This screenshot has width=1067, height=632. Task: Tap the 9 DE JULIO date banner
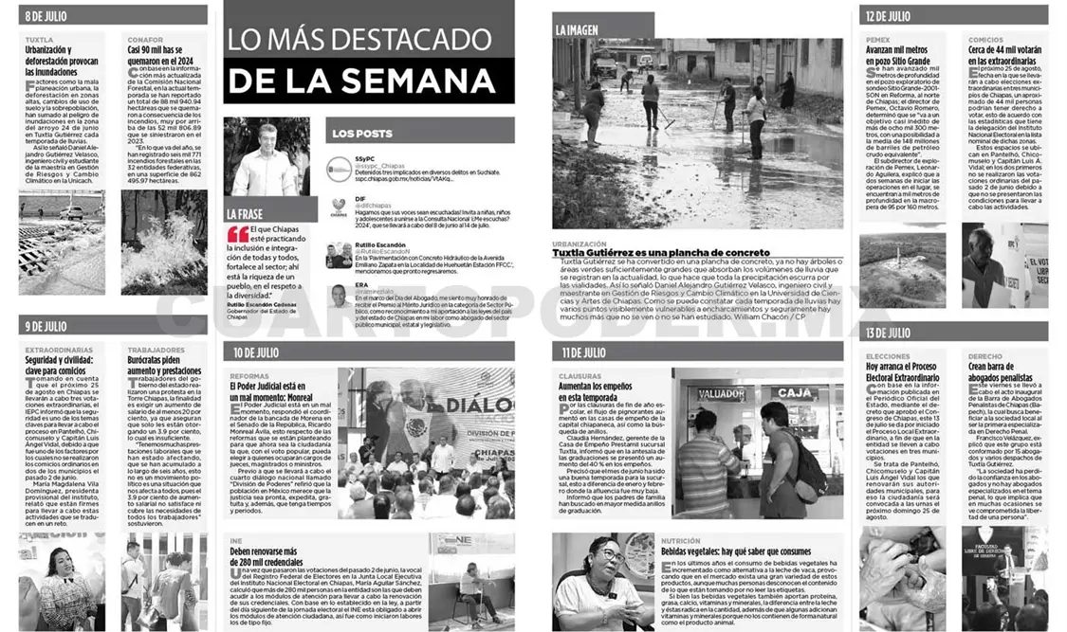point(46,326)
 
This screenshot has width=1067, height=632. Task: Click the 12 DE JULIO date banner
point(888,16)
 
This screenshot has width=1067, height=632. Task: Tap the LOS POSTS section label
point(362,134)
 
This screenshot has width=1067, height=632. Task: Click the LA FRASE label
point(246,214)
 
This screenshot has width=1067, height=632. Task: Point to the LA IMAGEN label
point(577,30)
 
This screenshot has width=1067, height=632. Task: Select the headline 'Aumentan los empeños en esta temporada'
point(595,393)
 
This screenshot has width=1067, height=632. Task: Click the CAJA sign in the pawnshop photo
point(792,392)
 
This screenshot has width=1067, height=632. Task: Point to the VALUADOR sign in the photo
point(721,393)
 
